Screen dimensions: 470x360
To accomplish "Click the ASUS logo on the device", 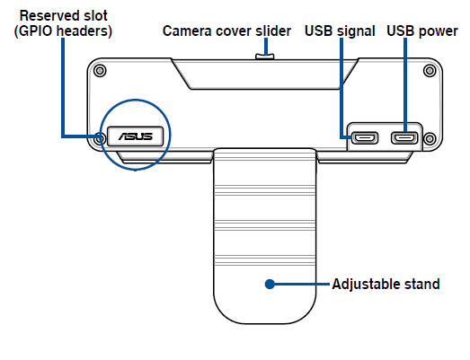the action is coord(136,136).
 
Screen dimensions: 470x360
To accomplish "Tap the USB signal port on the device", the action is coord(365,138).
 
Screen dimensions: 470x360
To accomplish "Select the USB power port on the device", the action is coord(404,138).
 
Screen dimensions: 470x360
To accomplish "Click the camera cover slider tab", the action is coord(265,57).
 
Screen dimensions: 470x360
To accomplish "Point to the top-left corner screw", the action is coord(100,71).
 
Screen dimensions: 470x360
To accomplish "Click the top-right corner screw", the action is coord(430,71).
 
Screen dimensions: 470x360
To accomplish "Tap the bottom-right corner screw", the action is coord(430,138).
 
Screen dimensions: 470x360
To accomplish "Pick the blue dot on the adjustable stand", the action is coord(270,284).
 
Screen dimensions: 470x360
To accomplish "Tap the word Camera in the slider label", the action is coord(187,31).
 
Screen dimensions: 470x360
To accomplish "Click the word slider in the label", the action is coord(273,31).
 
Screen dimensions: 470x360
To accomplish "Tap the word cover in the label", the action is coord(234,31).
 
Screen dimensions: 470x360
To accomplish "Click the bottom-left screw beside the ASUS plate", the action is coord(100,138).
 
